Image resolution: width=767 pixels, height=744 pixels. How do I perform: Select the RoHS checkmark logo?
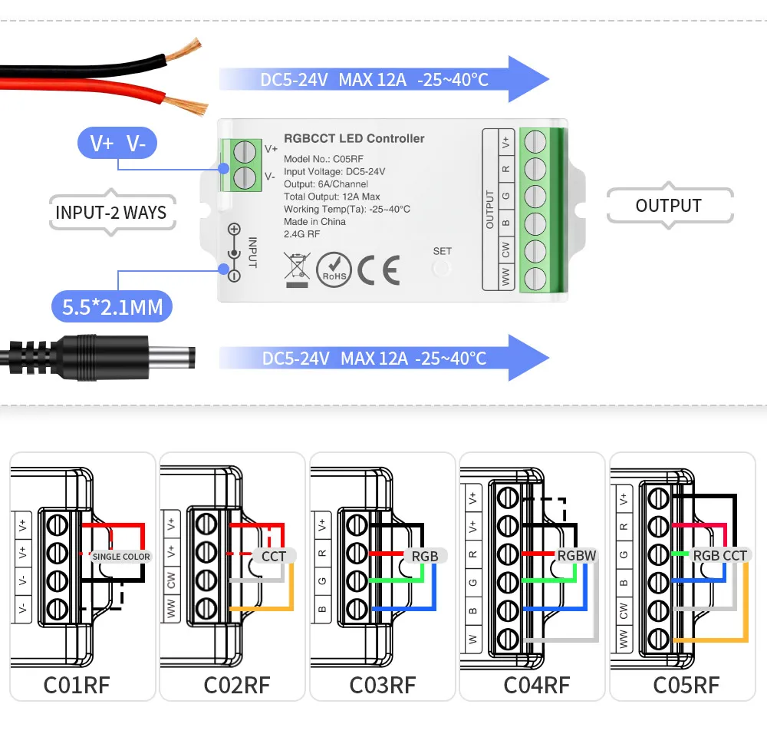pyautogui.click(x=334, y=269)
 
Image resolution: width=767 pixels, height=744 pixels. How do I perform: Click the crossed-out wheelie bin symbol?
pyautogui.click(x=295, y=269)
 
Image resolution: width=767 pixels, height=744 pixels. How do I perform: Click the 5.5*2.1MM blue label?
pyautogui.click(x=112, y=308)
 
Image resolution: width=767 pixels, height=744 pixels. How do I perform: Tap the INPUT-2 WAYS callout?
pyautogui.click(x=110, y=212)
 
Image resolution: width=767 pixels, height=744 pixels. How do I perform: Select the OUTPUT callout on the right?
pyautogui.click(x=668, y=206)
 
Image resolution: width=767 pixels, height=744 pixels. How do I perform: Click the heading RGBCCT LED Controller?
pyautogui.click(x=354, y=139)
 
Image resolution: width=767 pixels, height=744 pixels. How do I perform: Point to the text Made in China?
pyautogui.click(x=314, y=222)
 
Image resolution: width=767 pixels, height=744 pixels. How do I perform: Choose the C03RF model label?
pyautogui.click(x=383, y=684)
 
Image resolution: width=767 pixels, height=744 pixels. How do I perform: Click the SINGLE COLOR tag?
pyautogui.click(x=121, y=556)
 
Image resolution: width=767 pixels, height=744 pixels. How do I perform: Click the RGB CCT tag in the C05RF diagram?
pyautogui.click(x=719, y=555)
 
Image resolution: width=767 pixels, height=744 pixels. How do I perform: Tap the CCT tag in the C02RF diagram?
pyautogui.click(x=274, y=556)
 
